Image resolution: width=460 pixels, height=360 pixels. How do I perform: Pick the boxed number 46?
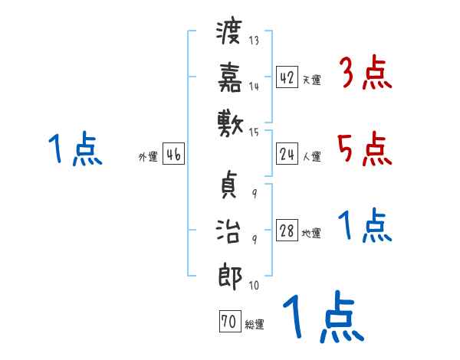[x=173, y=155]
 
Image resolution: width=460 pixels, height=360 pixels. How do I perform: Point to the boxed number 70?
[x=228, y=322]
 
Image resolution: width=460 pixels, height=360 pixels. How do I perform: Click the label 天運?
[x=311, y=80]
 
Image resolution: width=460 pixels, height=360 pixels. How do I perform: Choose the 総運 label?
[x=254, y=325]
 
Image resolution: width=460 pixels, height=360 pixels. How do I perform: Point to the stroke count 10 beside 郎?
[x=254, y=286]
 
